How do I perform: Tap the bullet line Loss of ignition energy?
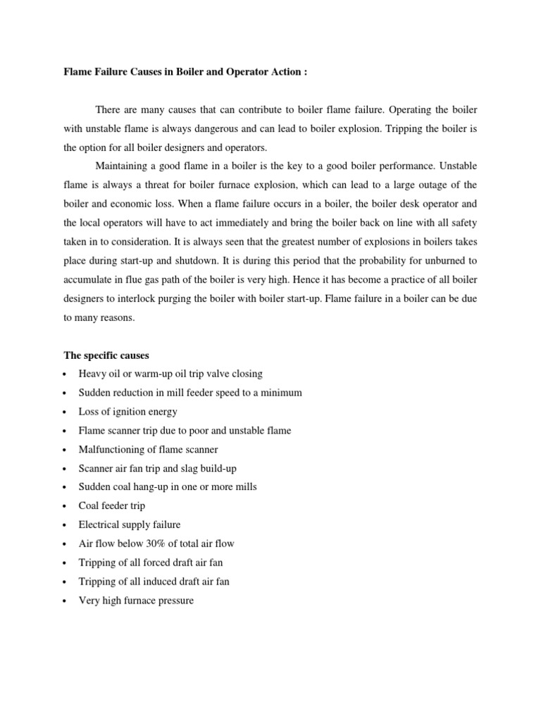coord(128,412)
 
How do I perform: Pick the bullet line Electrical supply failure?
coord(130,525)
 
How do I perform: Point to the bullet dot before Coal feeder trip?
coord(64,506)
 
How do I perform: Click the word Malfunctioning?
coord(111,449)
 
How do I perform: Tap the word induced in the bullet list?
coord(158,582)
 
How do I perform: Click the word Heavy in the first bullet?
coord(92,374)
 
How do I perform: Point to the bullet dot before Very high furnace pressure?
coord(64,601)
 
